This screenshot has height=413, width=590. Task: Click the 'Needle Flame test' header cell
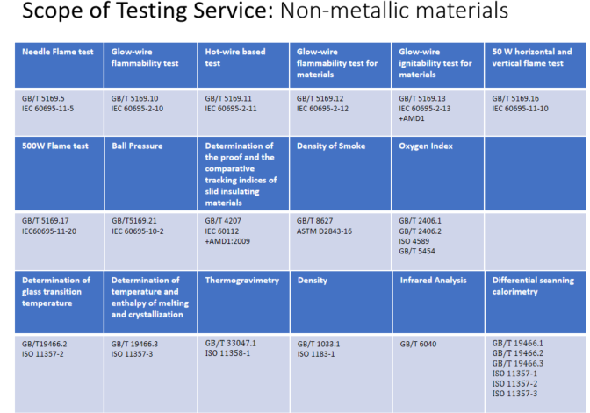coord(58,53)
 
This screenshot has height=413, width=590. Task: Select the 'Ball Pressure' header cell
coord(138,146)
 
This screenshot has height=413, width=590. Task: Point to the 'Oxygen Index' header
coord(427,146)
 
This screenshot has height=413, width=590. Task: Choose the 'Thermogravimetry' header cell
coord(241,281)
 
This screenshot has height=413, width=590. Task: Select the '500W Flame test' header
coord(54,146)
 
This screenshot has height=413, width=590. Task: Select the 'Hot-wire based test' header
coord(233,58)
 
